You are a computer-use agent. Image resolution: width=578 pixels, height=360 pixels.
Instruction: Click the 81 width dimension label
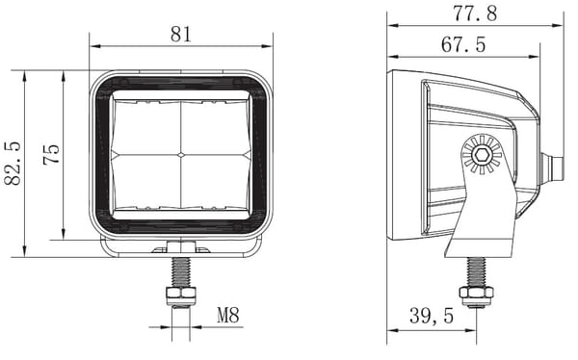(181, 35)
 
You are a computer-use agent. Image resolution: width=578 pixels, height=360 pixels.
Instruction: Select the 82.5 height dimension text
(13, 163)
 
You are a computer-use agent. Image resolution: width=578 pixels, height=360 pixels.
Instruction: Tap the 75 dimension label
(51, 154)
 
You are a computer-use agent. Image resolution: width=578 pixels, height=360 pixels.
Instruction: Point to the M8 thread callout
(228, 315)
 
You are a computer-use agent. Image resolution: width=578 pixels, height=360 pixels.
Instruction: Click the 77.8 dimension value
(475, 13)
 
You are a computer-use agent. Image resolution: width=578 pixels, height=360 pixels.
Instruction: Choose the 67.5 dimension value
(463, 44)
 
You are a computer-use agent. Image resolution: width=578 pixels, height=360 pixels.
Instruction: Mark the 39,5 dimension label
(432, 316)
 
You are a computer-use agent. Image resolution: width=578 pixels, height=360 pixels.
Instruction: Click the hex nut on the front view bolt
(181, 296)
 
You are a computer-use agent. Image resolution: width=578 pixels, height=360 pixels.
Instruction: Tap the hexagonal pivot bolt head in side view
(482, 155)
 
